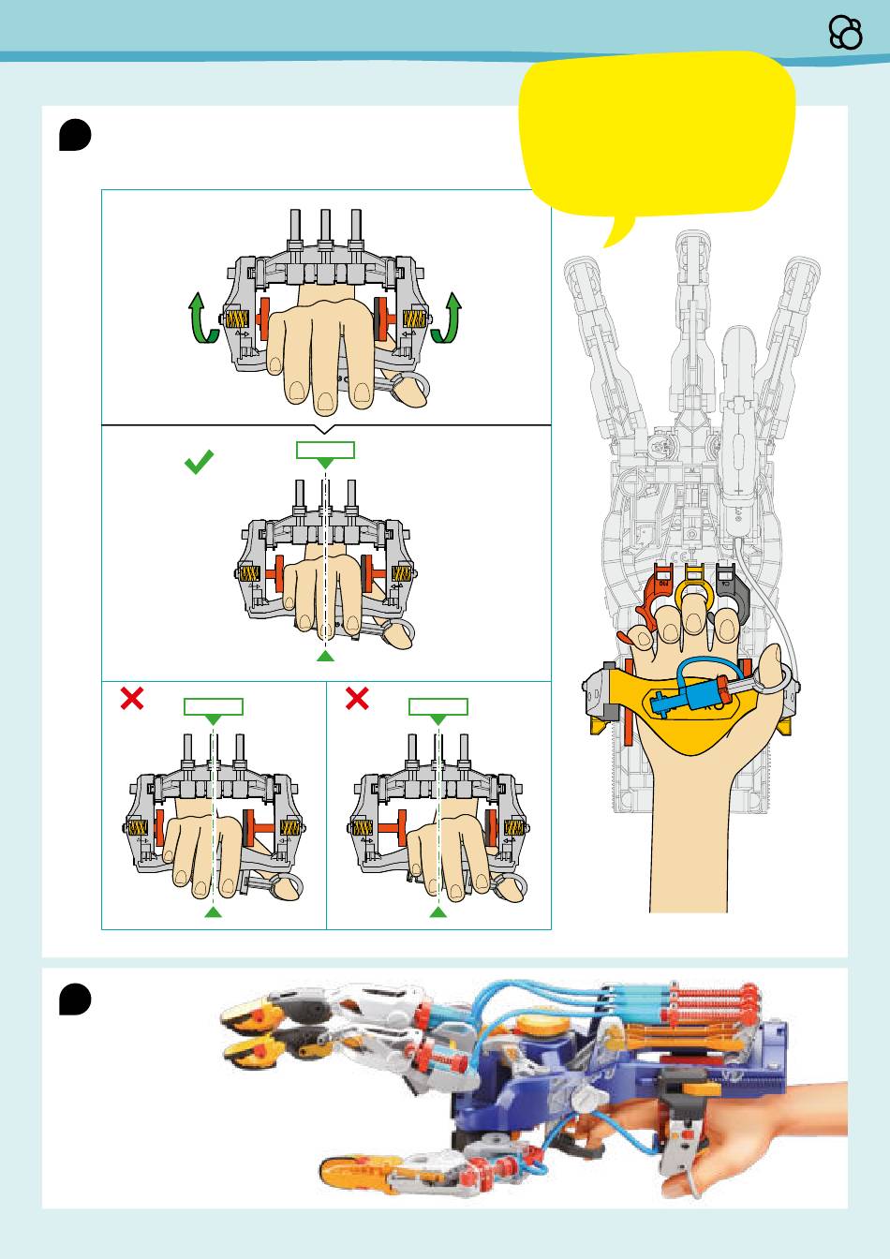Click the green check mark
click(200, 461)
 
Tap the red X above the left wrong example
click(132, 698)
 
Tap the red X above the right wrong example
click(357, 698)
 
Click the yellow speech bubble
click(658, 136)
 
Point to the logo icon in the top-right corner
click(846, 34)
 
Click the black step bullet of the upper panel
click(75, 134)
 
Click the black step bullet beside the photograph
click(75, 998)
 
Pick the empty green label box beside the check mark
click(325, 450)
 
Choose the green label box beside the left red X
click(214, 706)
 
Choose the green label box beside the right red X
click(438, 706)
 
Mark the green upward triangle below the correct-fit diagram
click(325, 658)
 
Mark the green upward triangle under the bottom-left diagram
click(214, 911)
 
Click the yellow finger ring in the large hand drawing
click(694, 590)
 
